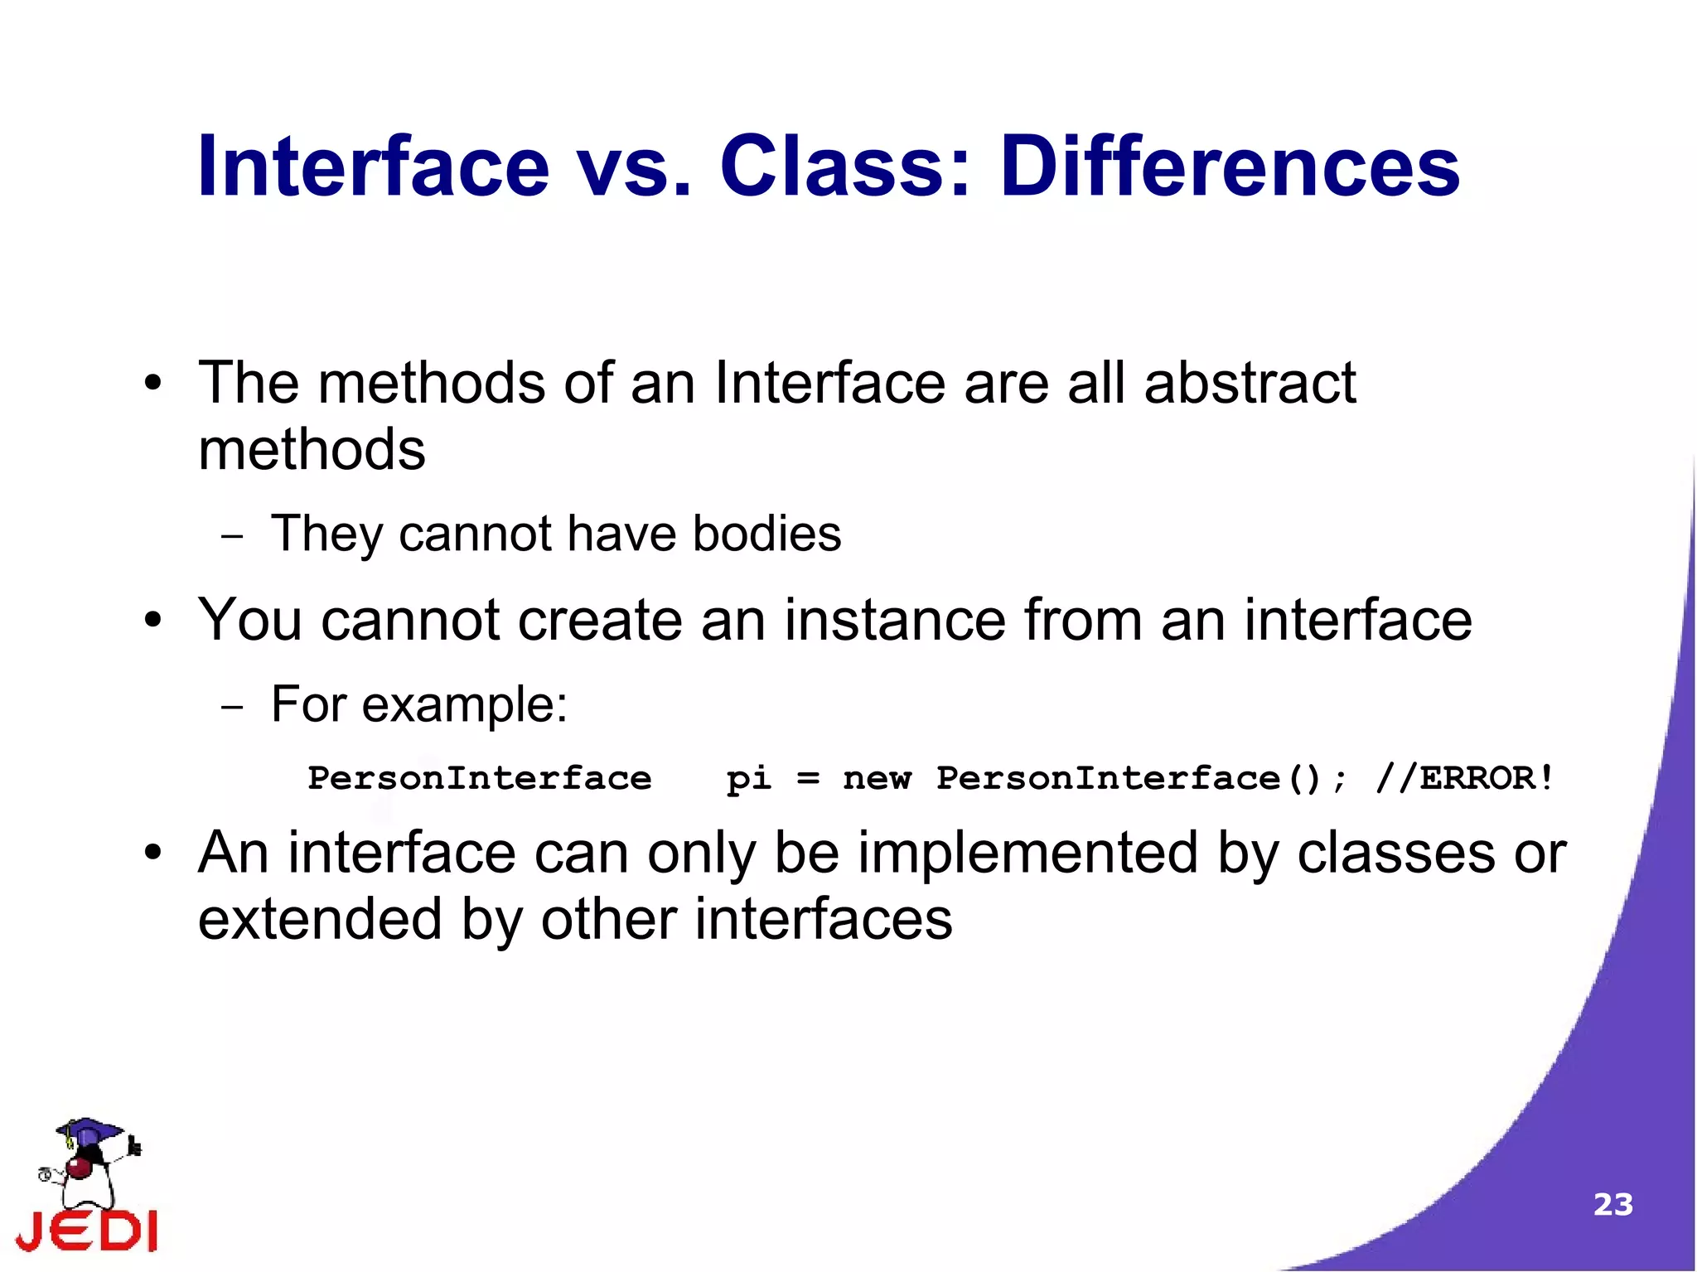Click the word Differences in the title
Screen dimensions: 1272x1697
(1230, 168)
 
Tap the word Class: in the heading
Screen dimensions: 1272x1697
(845, 168)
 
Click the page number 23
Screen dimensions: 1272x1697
(1612, 1204)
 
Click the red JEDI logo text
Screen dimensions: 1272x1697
(87, 1231)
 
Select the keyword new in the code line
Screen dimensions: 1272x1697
(877, 779)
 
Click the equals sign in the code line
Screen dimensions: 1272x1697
(808, 779)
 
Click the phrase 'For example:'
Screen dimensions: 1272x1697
(419, 705)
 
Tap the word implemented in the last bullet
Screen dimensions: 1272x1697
(1027, 853)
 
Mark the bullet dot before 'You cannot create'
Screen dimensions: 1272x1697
(152, 621)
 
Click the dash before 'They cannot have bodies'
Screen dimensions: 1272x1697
(233, 537)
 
